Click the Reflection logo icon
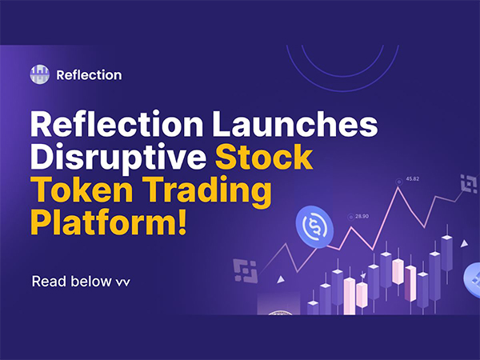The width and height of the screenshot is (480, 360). point(39,74)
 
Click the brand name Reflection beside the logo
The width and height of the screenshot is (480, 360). point(89,75)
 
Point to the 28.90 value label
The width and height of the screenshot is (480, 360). point(362,216)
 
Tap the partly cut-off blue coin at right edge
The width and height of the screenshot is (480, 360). point(471,275)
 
